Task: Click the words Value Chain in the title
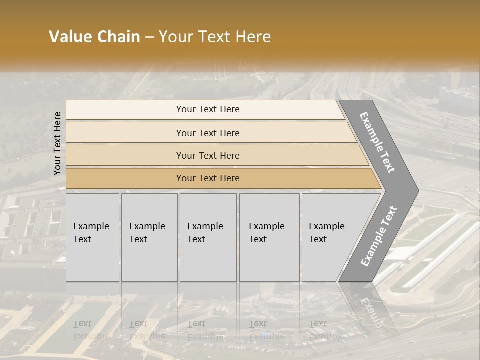tap(94, 36)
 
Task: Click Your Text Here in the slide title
tap(215, 36)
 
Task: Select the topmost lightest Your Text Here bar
tap(208, 109)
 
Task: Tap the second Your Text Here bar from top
tap(208, 133)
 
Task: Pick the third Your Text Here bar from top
tap(208, 155)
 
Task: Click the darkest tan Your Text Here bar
tap(208, 178)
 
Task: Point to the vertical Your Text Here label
tap(57, 143)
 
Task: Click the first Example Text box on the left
tap(92, 237)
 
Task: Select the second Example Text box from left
tap(149, 237)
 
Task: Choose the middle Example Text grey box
tap(207, 237)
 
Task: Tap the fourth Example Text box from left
tap(269, 237)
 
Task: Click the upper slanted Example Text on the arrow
tap(377, 142)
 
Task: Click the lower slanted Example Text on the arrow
tap(378, 236)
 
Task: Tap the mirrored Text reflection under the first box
tap(82, 324)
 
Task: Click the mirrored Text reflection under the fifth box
tap(318, 324)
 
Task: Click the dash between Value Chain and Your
tap(149, 37)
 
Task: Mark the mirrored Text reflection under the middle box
tap(196, 324)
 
